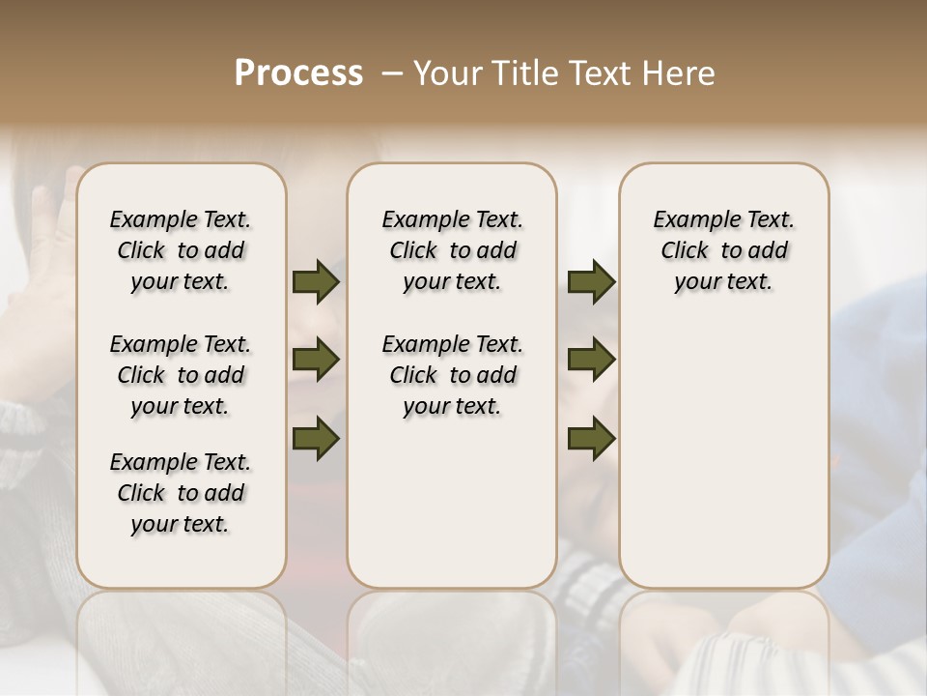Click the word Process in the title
pyautogui.click(x=298, y=73)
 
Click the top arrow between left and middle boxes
pyautogui.click(x=316, y=281)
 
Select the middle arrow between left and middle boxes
pyautogui.click(x=316, y=360)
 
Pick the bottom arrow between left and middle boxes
pyautogui.click(x=316, y=438)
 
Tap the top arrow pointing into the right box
pyautogui.click(x=591, y=281)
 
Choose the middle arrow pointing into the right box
pyautogui.click(x=591, y=360)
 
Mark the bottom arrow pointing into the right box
pyautogui.click(x=591, y=438)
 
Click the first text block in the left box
pyautogui.click(x=181, y=250)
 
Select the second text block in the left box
pyautogui.click(x=181, y=375)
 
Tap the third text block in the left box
pyautogui.click(x=181, y=493)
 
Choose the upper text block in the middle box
pyautogui.click(x=452, y=250)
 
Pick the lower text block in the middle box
pyautogui.click(x=452, y=375)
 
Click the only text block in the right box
pyautogui.click(x=723, y=250)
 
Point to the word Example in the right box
pyautogui.click(x=695, y=220)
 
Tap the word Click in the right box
pyautogui.click(x=685, y=251)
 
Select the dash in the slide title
pyautogui.click(x=392, y=74)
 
